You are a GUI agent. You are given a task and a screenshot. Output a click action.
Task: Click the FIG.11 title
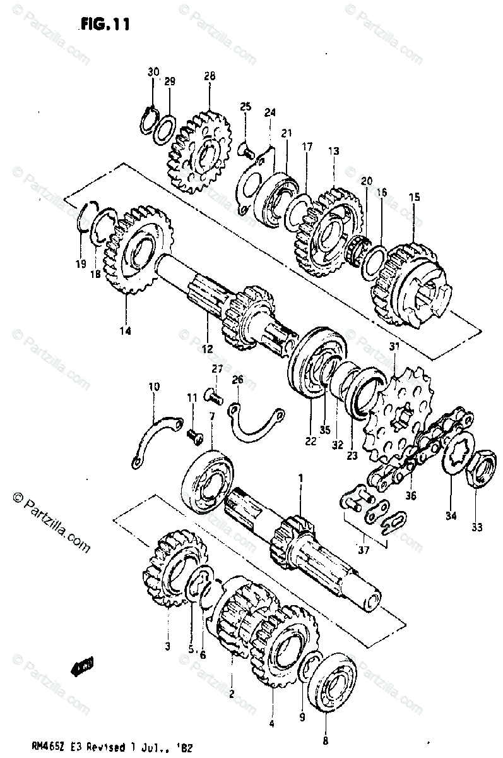(105, 25)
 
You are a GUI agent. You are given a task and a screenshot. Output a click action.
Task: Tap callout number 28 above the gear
(210, 76)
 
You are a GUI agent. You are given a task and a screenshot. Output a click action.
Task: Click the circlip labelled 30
(149, 118)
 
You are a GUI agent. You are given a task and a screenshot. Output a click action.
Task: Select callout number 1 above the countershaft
(300, 479)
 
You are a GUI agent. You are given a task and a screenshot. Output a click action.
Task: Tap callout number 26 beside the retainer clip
(237, 380)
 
